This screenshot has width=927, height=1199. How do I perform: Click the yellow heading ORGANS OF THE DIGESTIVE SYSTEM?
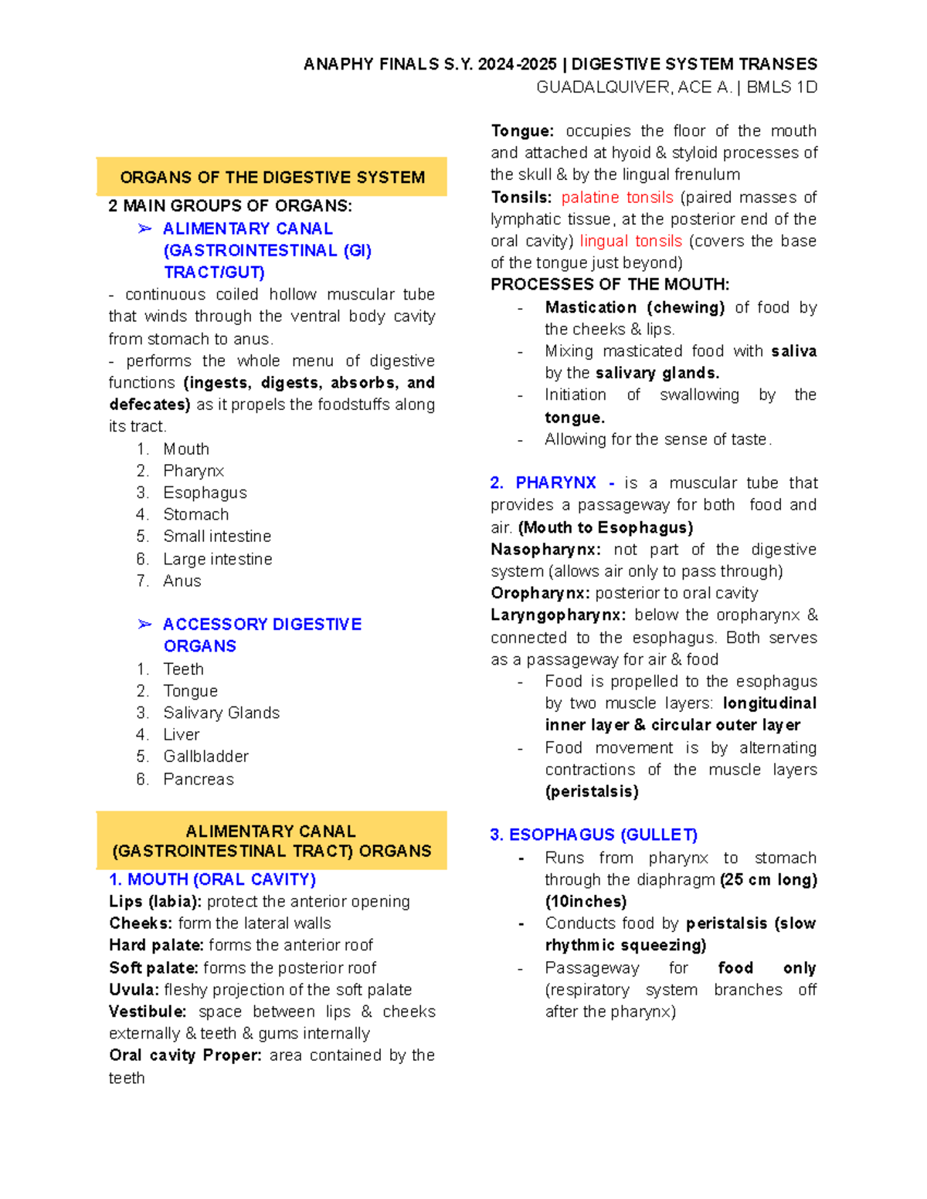pos(272,178)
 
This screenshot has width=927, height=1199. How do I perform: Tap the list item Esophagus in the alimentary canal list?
pos(205,493)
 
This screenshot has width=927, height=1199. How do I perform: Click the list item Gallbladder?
pos(205,757)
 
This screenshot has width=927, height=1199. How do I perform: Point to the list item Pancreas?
pos(198,779)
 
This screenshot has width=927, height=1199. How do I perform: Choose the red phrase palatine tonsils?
pos(617,198)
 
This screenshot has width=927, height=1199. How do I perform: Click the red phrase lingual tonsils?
pos(630,241)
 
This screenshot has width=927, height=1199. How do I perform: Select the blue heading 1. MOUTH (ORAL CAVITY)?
pos(212,879)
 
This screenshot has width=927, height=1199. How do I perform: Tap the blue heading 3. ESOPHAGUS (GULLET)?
pos(593,835)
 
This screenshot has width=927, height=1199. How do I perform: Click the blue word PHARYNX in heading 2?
pos(555,483)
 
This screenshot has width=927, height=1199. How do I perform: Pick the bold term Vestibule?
pos(148,1011)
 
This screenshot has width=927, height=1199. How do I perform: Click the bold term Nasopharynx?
pos(545,550)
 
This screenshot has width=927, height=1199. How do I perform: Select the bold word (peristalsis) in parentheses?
pos(592,791)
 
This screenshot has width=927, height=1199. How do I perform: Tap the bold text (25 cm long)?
pos(768,879)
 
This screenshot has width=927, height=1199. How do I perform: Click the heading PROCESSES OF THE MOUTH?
pos(610,284)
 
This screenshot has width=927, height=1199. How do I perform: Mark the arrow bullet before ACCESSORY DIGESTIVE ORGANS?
pos(144,624)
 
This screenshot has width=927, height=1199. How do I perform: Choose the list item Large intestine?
pos(217,559)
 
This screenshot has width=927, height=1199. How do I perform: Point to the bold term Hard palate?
pos(156,945)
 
